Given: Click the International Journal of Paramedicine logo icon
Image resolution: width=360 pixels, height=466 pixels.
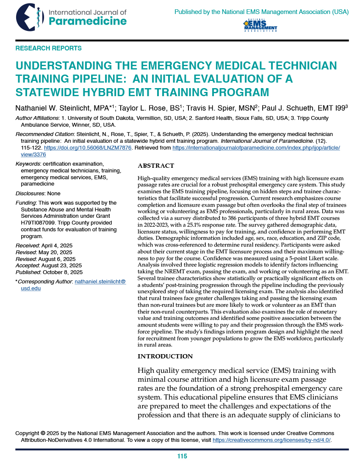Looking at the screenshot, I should pyautogui.click(x=29, y=17).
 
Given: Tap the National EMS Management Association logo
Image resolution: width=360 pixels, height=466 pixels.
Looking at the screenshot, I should pyautogui.click(x=260, y=26).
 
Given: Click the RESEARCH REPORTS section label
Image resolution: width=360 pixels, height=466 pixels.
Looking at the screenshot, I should pyautogui.click(x=48, y=48).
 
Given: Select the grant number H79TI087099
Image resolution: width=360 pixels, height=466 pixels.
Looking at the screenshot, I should pyautogui.click(x=41, y=223).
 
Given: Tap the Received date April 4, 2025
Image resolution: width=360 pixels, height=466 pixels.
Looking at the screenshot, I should pyautogui.click(x=57, y=246).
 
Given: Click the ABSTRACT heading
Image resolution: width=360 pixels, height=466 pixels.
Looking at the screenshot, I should pyautogui.click(x=156, y=166).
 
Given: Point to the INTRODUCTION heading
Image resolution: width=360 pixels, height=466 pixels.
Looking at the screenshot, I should pyautogui.click(x=165, y=356).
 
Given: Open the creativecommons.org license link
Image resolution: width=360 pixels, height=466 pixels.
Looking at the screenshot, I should pyautogui.click(x=271, y=440).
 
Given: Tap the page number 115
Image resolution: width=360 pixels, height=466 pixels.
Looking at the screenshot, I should pyautogui.click(x=182, y=456).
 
